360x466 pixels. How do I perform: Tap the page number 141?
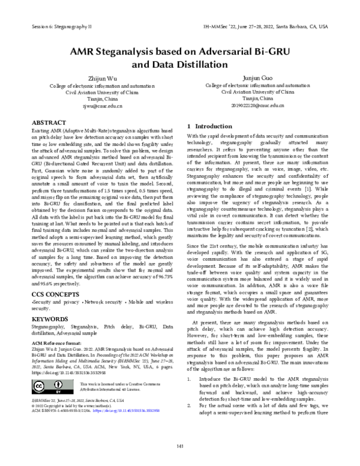(x=180, y=445)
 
